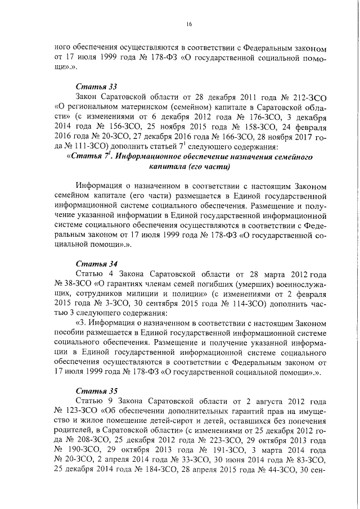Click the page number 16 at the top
(x=189, y=23)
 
